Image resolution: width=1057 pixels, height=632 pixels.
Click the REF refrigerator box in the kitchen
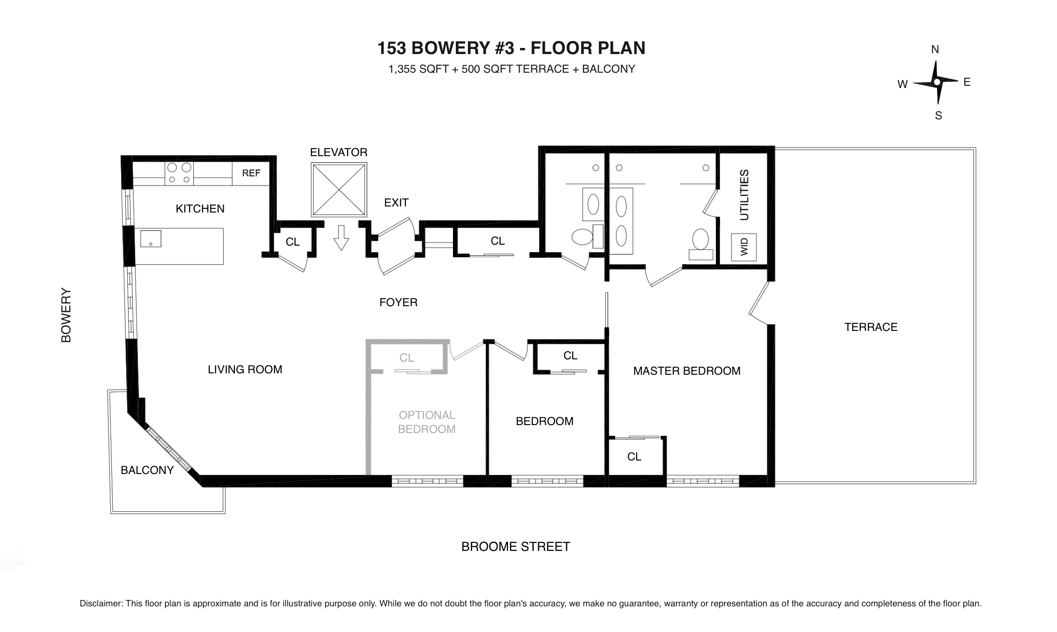click(x=251, y=173)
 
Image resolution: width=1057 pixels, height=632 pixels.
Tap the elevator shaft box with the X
click(x=339, y=190)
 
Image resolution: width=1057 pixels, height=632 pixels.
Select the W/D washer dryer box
click(x=743, y=247)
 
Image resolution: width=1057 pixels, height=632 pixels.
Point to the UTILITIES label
click(x=744, y=195)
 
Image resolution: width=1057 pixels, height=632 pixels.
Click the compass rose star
click(x=937, y=82)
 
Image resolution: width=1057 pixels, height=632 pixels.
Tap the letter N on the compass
click(x=935, y=49)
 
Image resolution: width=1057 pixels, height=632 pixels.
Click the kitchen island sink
click(x=151, y=239)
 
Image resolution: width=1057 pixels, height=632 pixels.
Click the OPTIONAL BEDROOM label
click(x=426, y=422)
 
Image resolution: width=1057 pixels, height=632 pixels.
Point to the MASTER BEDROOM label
click(x=686, y=371)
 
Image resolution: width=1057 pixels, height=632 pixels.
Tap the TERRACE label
click(x=871, y=327)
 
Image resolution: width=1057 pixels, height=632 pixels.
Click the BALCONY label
click(x=147, y=470)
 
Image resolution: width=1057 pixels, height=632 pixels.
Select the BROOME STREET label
click(x=515, y=547)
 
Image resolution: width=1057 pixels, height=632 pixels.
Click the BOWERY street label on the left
click(x=66, y=315)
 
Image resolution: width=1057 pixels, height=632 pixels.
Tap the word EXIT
click(x=396, y=203)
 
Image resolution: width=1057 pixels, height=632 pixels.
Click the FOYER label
click(x=398, y=302)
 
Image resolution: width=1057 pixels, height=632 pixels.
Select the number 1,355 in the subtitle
click(x=402, y=69)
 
